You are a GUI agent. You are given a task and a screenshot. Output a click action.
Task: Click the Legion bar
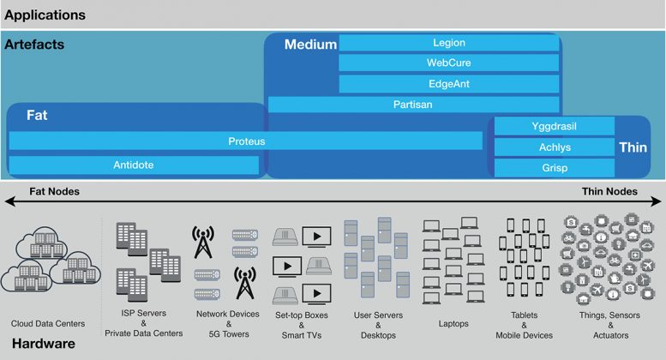449,43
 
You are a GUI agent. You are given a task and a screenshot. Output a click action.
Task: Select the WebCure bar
449,63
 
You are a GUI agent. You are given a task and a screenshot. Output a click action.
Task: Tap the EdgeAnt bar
449,84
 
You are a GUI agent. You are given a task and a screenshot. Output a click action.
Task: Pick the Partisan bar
413,105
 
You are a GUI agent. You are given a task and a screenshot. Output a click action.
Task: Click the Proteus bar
246,141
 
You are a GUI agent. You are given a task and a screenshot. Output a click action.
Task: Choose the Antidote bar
134,165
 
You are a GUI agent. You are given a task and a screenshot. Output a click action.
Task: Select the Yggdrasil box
555,126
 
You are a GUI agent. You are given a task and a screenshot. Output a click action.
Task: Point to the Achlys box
555,147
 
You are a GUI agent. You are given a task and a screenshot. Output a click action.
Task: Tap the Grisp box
555,168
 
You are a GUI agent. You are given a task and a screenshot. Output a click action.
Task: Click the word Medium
310,45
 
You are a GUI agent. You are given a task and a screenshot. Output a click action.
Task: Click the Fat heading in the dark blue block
37,115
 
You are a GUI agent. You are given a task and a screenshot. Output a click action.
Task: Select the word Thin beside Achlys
633,147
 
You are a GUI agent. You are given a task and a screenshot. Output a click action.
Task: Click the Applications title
45,15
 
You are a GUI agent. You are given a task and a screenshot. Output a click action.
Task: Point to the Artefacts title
34,45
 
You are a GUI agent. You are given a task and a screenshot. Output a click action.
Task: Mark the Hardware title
44,344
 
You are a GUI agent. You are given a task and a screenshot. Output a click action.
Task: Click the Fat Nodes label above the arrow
54,191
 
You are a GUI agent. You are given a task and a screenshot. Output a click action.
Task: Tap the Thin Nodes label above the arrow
609,191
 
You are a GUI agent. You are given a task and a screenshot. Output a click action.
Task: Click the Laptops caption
453,323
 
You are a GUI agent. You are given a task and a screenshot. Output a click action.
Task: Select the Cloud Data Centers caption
48,323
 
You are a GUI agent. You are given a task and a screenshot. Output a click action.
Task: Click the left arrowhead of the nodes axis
9,201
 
